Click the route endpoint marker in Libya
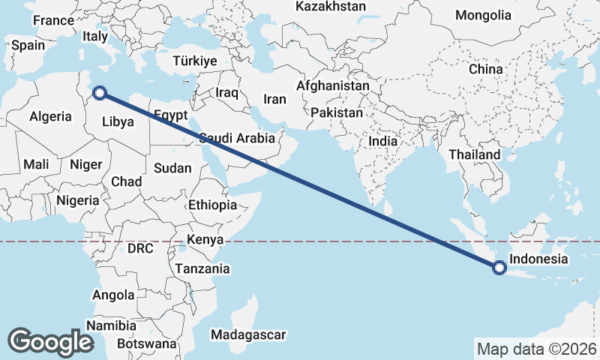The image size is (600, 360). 100,94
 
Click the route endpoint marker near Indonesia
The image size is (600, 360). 499,266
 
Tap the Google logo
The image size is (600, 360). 50,341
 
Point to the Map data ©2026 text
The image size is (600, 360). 536,349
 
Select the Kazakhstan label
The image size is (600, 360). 331,7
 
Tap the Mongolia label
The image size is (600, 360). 483,15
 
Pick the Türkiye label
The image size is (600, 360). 194,61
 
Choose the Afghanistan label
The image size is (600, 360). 333,85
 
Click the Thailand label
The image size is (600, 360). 474,154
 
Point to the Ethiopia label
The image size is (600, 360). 213,205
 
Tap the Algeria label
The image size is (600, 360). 50,116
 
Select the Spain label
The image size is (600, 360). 28,45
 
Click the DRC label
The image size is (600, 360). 140,247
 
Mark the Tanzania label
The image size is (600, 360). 202,268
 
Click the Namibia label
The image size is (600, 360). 111,325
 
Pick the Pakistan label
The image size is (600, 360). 337,113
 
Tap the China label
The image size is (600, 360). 485,69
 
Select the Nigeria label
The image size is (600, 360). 77,200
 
